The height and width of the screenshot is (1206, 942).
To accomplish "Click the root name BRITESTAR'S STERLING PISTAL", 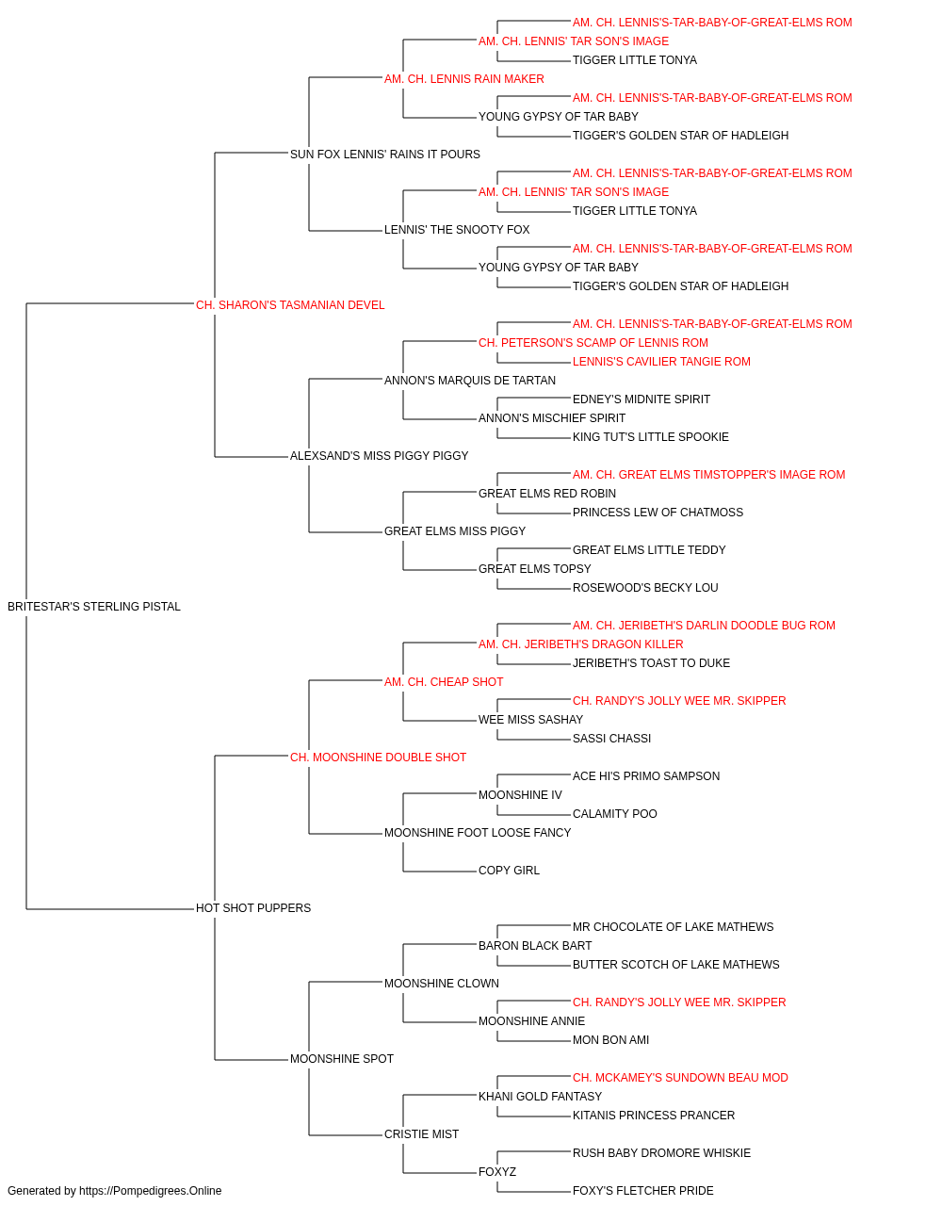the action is click(94, 607).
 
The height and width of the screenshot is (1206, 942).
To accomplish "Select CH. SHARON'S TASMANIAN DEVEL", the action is click(290, 305).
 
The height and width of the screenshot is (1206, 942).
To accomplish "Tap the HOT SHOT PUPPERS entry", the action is click(253, 908).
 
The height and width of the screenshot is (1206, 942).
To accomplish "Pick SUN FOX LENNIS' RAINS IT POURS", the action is click(385, 155).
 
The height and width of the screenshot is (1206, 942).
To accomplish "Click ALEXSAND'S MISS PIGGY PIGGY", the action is click(379, 456).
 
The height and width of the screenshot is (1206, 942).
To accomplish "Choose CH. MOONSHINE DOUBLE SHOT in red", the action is click(378, 758).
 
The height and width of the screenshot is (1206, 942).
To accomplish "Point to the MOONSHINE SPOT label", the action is click(342, 1059).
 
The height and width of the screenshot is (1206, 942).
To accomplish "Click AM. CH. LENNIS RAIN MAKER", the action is click(463, 79).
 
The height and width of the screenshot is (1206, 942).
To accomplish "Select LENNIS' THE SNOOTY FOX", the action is click(457, 230).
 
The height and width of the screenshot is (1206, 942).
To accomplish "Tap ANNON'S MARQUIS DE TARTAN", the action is click(469, 381).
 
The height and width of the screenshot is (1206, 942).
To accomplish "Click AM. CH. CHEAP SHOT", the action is click(444, 682).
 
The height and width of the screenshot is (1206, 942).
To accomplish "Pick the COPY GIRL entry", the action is click(509, 871).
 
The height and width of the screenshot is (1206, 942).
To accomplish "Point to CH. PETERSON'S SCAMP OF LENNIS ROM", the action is click(593, 343).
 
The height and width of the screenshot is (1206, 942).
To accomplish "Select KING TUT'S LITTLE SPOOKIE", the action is click(650, 437).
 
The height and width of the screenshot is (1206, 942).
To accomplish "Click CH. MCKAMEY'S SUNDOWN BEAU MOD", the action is click(680, 1078).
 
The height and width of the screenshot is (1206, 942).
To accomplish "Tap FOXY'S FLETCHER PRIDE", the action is click(643, 1191).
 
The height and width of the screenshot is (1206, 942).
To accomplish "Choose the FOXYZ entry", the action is click(497, 1172).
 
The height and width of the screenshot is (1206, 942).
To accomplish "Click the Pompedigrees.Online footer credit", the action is click(114, 1191).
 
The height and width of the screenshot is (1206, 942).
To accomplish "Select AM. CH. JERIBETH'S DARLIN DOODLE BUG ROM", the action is click(704, 626).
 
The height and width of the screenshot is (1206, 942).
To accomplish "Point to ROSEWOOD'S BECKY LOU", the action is click(645, 588).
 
